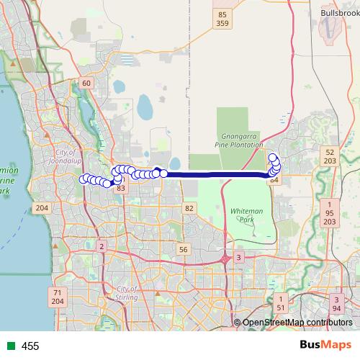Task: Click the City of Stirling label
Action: click(x=126, y=293)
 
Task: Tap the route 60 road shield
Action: click(x=86, y=83)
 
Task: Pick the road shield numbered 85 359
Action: click(x=222, y=19)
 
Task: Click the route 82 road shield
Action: click(x=189, y=208)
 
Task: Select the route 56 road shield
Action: click(x=184, y=249)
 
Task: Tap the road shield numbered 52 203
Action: click(x=330, y=158)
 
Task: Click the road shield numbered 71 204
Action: click(x=58, y=297)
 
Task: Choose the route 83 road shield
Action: click(x=120, y=188)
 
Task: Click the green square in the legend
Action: click(x=10, y=346)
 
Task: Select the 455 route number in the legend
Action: click(x=30, y=346)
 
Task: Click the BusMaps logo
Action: click(x=324, y=346)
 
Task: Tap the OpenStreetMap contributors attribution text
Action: click(x=297, y=323)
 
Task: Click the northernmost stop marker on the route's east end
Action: click(x=272, y=158)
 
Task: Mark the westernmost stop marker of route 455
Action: click(x=84, y=179)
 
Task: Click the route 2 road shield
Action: click(x=102, y=247)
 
